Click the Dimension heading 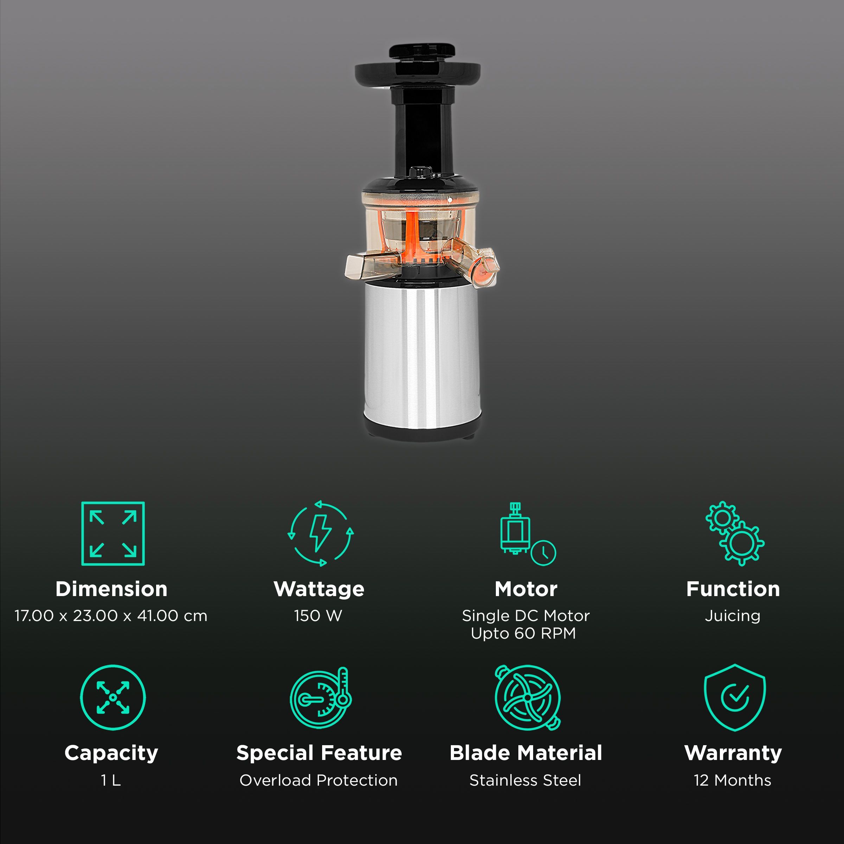click(111, 589)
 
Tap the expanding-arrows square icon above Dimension click(113, 533)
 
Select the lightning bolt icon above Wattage click(320, 533)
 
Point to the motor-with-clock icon click(527, 534)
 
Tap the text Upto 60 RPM click(523, 633)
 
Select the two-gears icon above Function click(735, 533)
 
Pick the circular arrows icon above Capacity click(113, 698)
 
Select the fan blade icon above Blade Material click(527, 698)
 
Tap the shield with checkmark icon click(735, 698)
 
